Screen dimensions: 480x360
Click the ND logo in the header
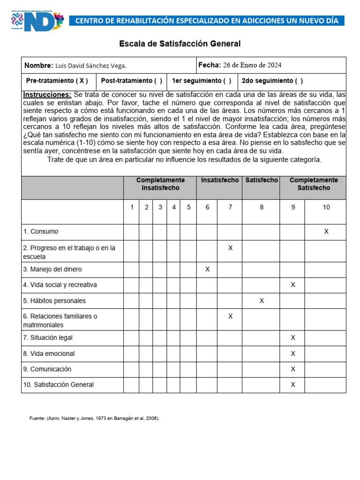coord(37,21)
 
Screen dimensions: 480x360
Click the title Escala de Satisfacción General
coord(180,44)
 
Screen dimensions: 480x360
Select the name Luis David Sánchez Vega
coord(91,66)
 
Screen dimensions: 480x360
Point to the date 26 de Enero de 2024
coord(252,65)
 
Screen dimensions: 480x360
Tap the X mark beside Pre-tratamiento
coord(82,81)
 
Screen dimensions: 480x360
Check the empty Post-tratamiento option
coord(157,81)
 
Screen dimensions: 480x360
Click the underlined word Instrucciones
coord(47,95)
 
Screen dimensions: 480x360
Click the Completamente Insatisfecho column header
coord(160,184)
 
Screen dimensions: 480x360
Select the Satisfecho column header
coord(261,180)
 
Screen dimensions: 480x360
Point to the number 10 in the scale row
coord(326,207)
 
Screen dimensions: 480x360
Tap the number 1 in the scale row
coord(132,207)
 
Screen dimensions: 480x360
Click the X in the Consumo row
coord(326,232)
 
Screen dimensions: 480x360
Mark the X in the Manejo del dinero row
coord(207,269)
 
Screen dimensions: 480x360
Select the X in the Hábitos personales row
coord(262,300)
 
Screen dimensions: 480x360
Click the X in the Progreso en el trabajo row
coord(230,247)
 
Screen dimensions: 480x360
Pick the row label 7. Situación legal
coord(48,337)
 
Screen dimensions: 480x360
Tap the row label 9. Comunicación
coord(47,369)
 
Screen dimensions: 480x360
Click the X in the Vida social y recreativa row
coord(293,285)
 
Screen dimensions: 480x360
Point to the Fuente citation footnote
coord(94,418)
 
